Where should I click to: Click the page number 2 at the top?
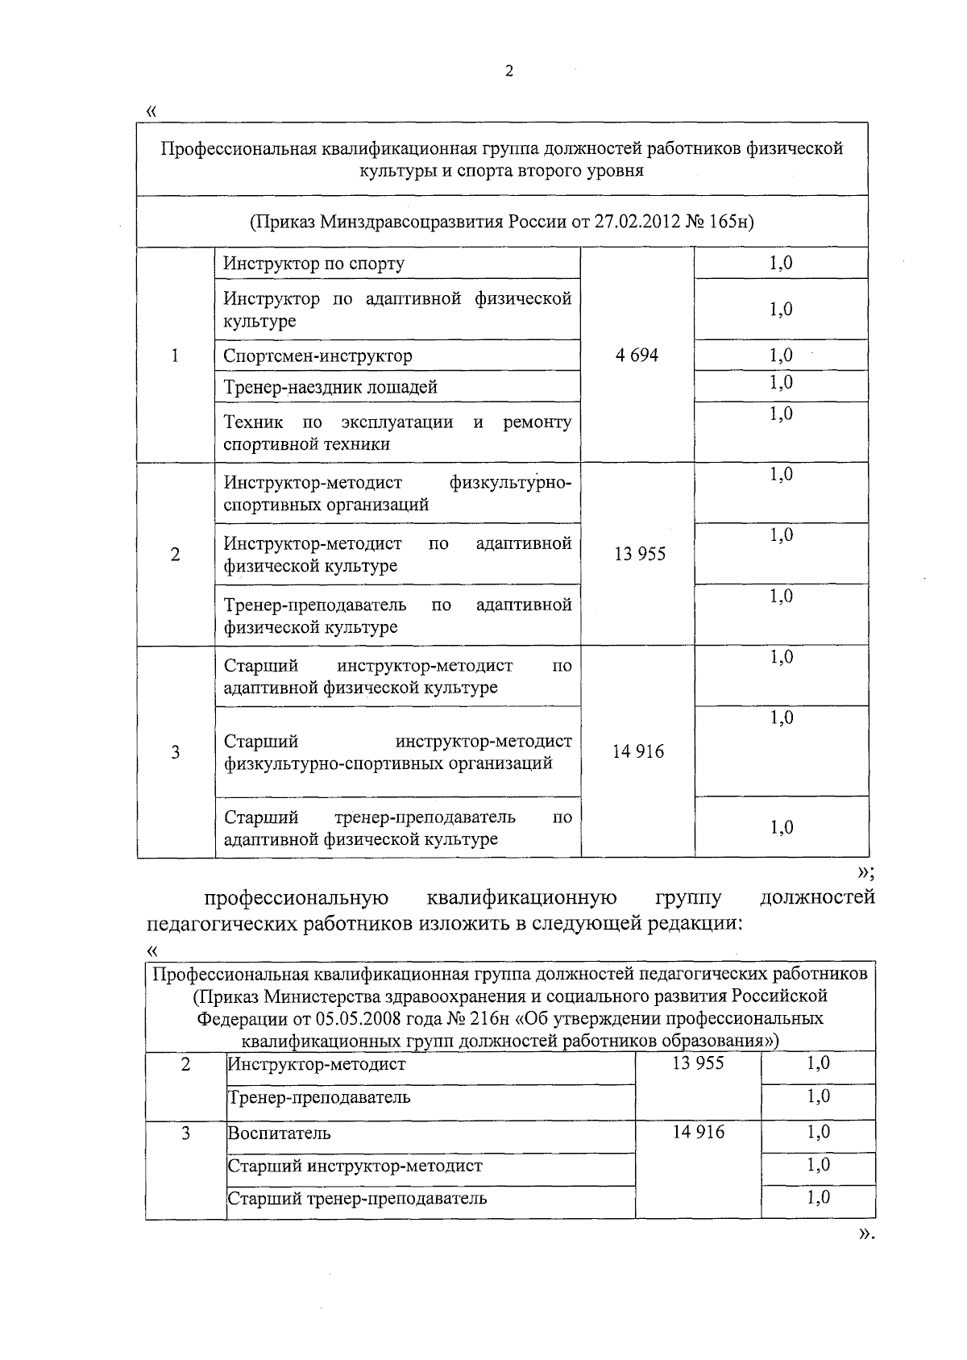pyautogui.click(x=508, y=71)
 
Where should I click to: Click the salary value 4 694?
pyautogui.click(x=637, y=356)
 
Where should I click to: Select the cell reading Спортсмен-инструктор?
pyautogui.click(x=317, y=356)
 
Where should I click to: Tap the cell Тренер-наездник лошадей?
pyautogui.click(x=330, y=387)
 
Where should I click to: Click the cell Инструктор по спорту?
pyautogui.click(x=313, y=264)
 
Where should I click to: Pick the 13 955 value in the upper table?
pyautogui.click(x=640, y=555)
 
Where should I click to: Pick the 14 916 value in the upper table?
pyautogui.click(x=638, y=752)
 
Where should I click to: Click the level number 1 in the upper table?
pyautogui.click(x=175, y=356)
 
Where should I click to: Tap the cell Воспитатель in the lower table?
pyautogui.click(x=279, y=1133)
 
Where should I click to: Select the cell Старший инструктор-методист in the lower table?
pyautogui.click(x=355, y=1166)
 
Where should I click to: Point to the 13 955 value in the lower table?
pyautogui.click(x=698, y=1063)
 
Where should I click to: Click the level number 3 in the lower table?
pyautogui.click(x=186, y=1133)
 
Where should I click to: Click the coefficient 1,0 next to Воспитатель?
pyautogui.click(x=818, y=1132)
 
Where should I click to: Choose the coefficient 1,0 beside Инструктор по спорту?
pyautogui.click(x=781, y=263)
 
